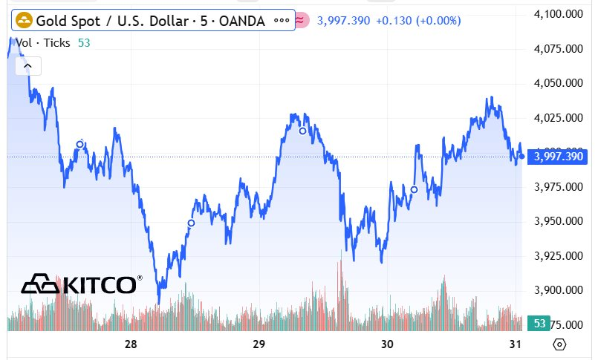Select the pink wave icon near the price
click(301, 21)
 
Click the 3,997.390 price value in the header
click(343, 21)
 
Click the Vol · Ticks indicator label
click(43, 43)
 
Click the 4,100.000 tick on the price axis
click(559, 14)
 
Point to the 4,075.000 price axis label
click(559, 49)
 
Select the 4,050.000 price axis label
click(559, 83)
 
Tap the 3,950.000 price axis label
click(559, 221)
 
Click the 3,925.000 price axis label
click(559, 256)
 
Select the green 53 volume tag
click(539, 324)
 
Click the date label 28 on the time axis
click(131, 344)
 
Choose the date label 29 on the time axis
click(259, 344)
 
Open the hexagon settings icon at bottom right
click(560, 344)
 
